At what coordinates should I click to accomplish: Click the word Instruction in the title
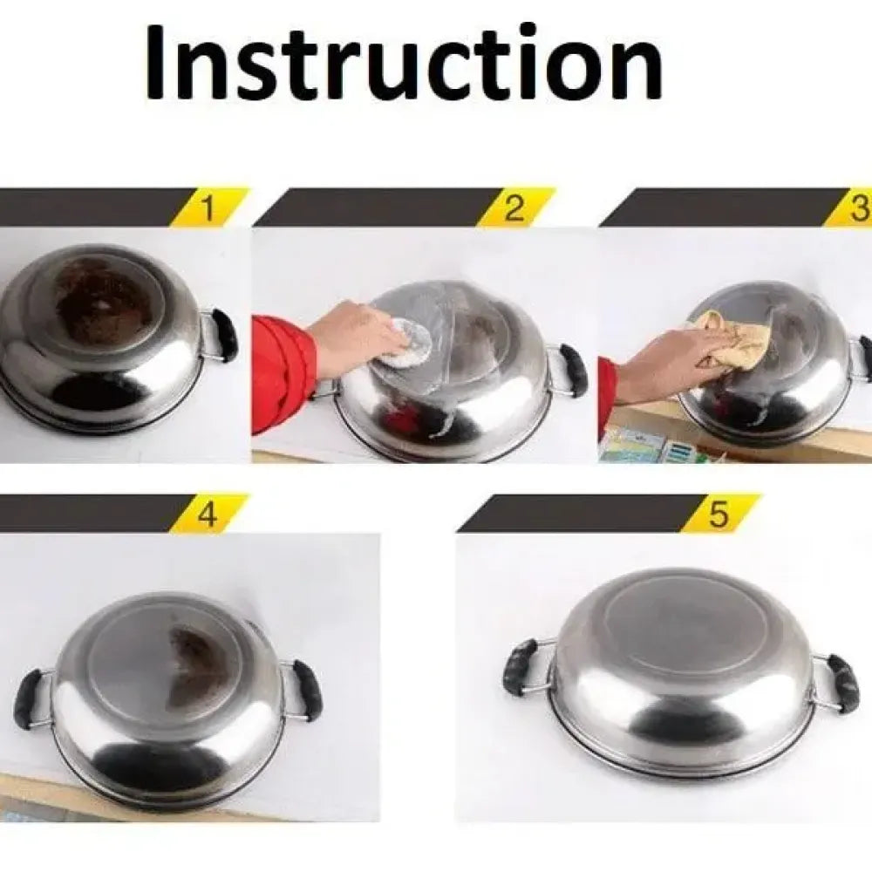[x=404, y=62]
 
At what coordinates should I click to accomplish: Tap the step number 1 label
[x=207, y=208]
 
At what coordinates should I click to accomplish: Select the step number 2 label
[x=514, y=208]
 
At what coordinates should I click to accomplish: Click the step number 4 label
[x=207, y=514]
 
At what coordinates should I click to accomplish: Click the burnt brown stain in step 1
[x=105, y=296]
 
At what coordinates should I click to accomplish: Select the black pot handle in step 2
[x=573, y=369]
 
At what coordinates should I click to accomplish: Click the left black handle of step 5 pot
[x=521, y=665]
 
